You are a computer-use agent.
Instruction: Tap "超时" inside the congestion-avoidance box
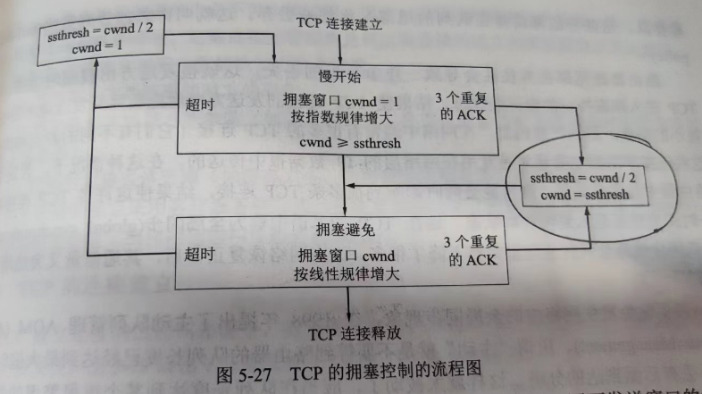200,254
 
